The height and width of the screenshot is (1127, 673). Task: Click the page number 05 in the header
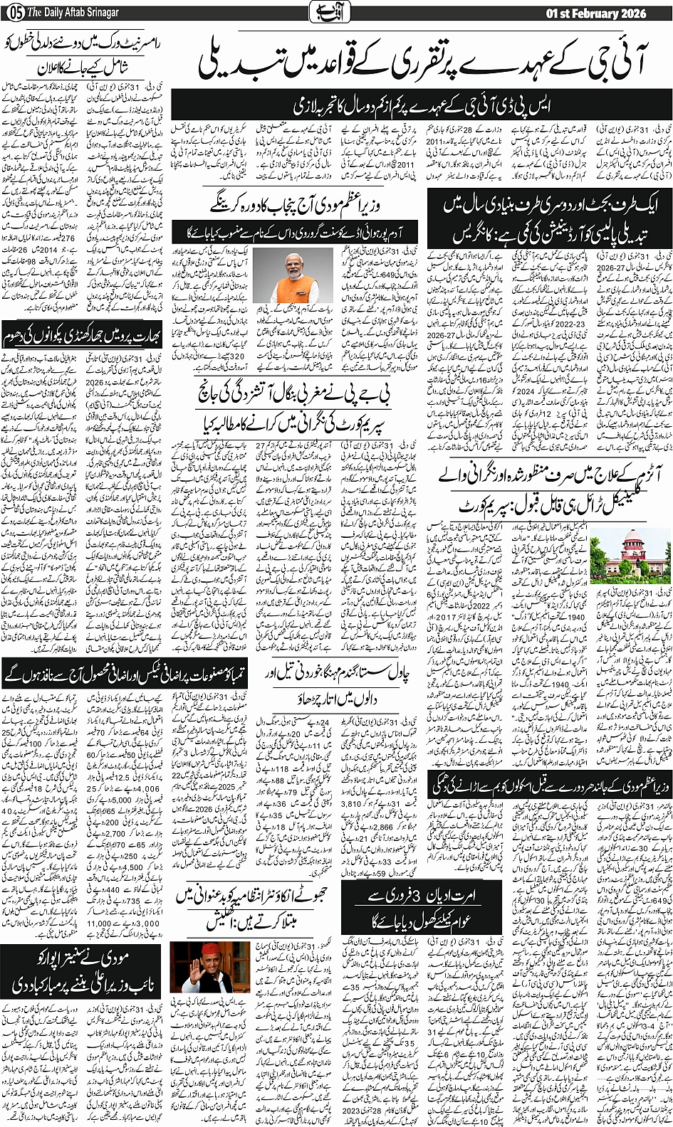coord(11,12)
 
